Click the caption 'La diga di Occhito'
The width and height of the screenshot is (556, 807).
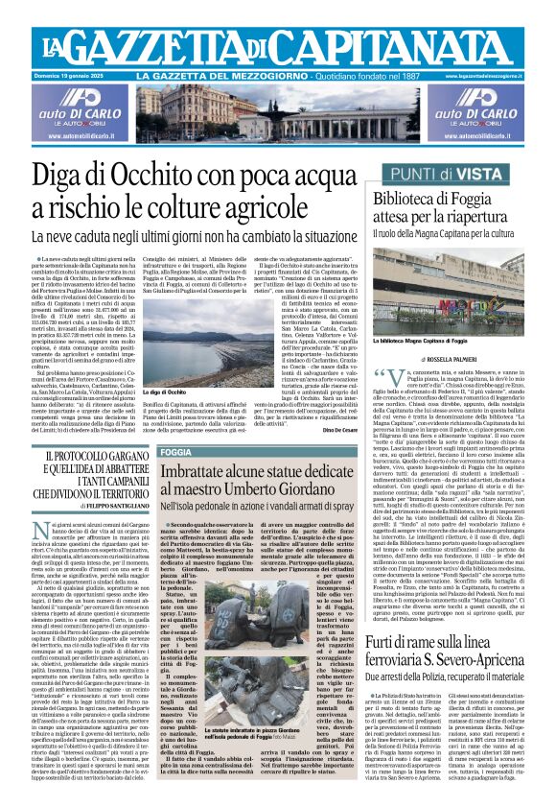pyautogui.click(x=163, y=392)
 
